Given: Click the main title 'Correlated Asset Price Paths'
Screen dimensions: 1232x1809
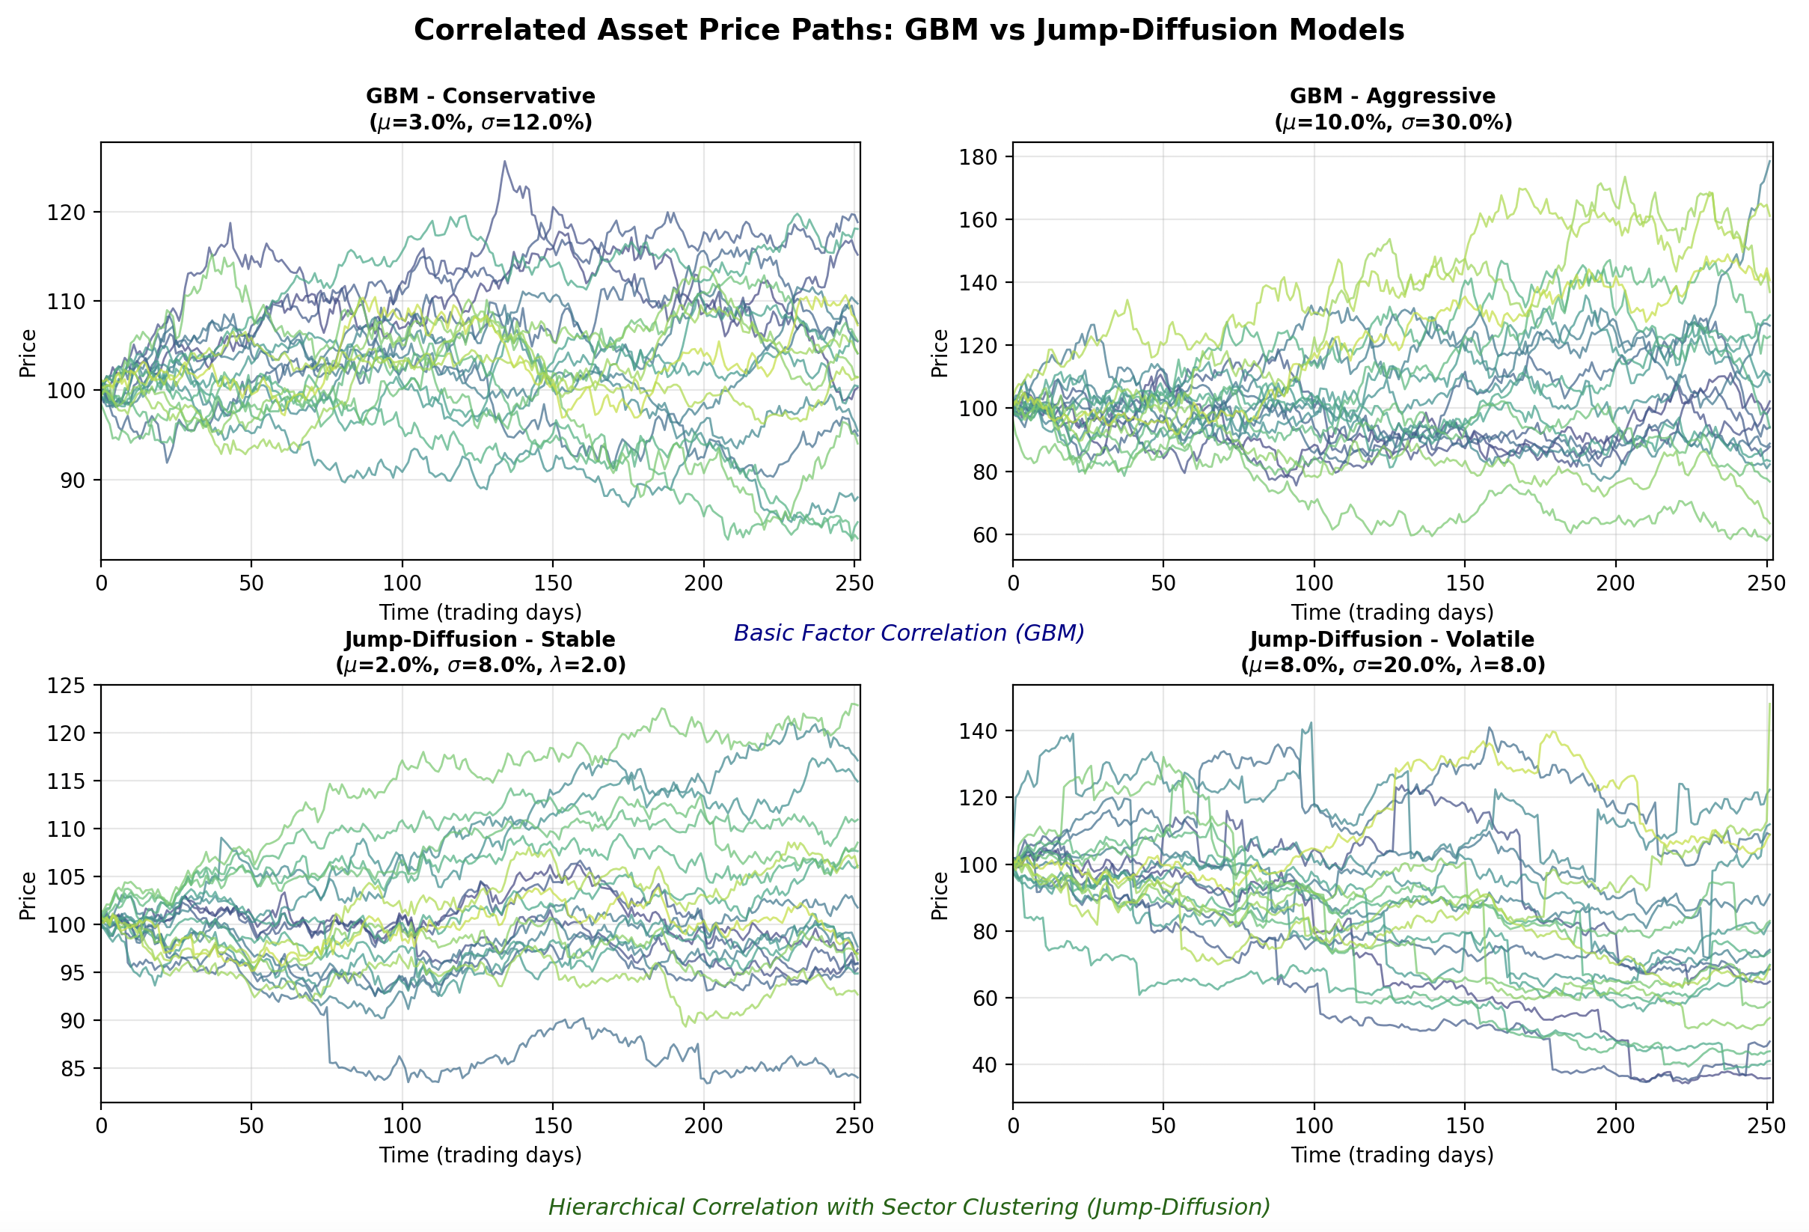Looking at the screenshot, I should click(x=908, y=31).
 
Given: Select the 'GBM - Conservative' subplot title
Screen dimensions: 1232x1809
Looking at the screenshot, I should click(x=480, y=96).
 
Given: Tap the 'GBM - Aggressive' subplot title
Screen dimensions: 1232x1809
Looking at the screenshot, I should click(x=1392, y=96).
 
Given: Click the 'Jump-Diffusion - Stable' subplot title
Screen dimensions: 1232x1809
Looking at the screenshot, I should click(x=480, y=639).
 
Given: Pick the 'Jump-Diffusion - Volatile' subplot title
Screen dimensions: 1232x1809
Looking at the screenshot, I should click(x=1392, y=639).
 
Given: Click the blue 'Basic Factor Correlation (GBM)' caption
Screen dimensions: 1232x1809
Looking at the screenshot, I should click(x=908, y=633).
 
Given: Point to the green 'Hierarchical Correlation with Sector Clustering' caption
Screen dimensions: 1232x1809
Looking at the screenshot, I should click(x=908, y=1207).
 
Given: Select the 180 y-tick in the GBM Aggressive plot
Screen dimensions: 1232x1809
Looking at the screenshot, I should click(x=978, y=157).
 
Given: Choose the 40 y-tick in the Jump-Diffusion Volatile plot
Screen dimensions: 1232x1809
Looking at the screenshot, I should click(x=983, y=1065).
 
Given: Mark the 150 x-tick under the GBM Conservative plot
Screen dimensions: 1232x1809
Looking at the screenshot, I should click(x=553, y=583).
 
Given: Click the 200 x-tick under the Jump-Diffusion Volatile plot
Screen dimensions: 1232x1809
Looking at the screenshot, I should click(x=1615, y=1126).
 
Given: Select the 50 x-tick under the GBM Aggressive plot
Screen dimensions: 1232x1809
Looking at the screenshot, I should click(x=1163, y=583).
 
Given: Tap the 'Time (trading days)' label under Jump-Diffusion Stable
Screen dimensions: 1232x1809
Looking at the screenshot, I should click(x=480, y=1155).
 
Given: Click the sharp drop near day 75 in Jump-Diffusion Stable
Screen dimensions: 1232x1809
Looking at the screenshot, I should click(x=328, y=1036).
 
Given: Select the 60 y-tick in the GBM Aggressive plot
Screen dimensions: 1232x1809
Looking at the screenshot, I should click(x=983, y=535).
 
